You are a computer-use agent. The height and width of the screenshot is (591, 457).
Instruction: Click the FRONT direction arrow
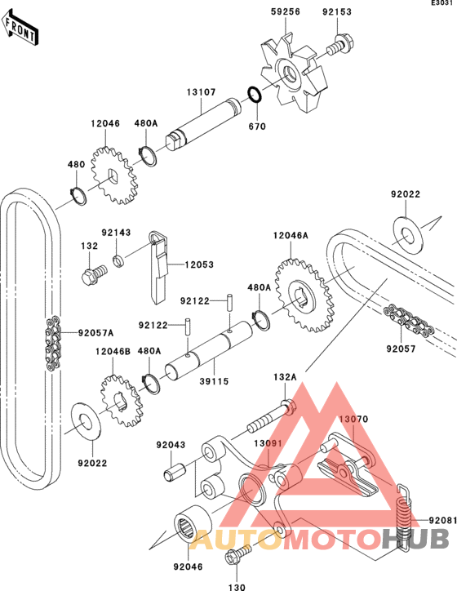click(x=20, y=28)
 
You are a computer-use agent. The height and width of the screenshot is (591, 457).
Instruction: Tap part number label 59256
click(x=286, y=11)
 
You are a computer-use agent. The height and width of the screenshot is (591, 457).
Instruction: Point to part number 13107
click(x=202, y=92)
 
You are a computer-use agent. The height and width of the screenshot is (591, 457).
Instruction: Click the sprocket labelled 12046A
click(x=304, y=295)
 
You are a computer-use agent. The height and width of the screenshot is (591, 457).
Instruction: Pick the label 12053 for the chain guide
click(x=199, y=264)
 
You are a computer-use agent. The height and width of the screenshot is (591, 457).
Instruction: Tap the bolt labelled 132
click(x=94, y=275)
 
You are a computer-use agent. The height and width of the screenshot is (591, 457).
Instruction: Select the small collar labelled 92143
click(x=118, y=261)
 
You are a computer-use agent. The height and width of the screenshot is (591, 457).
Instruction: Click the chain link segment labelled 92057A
click(x=53, y=343)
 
